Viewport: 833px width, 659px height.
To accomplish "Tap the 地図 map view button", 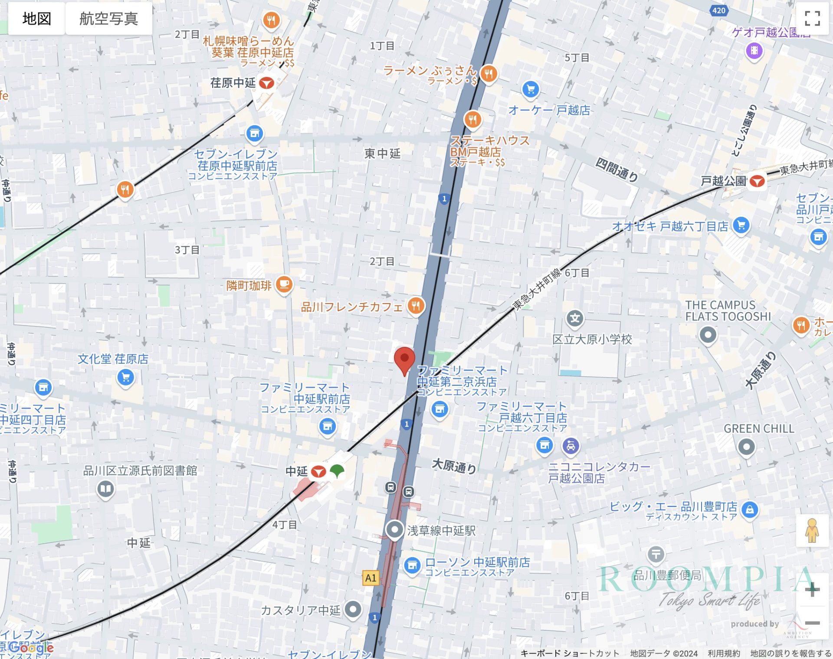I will [37, 19].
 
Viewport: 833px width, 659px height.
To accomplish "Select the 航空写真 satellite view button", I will [108, 19].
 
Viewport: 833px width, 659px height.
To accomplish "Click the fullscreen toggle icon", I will [812, 19].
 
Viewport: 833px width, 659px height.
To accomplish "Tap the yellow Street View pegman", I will [812, 530].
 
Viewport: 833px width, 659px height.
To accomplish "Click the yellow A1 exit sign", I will [371, 578].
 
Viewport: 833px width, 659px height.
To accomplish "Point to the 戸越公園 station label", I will [723, 181].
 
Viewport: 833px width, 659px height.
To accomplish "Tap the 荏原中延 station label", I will [233, 83].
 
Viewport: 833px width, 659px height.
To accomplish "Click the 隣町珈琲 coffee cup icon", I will [284, 284].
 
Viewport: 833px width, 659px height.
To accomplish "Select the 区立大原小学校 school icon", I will [575, 319].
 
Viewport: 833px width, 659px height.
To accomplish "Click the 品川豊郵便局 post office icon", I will [656, 554].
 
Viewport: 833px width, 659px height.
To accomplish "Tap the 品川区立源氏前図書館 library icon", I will [105, 489].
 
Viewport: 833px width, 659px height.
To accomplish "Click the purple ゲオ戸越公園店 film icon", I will [754, 51].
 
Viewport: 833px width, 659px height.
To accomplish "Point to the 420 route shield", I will [718, 10].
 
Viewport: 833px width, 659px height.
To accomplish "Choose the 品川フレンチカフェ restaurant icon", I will [416, 306].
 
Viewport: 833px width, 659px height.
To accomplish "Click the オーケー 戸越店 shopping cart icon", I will [530, 89].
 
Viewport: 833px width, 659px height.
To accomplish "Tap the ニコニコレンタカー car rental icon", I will [571, 445].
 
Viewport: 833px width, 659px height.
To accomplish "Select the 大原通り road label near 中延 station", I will [454, 466].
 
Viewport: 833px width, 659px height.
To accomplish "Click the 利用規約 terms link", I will [724, 653].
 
